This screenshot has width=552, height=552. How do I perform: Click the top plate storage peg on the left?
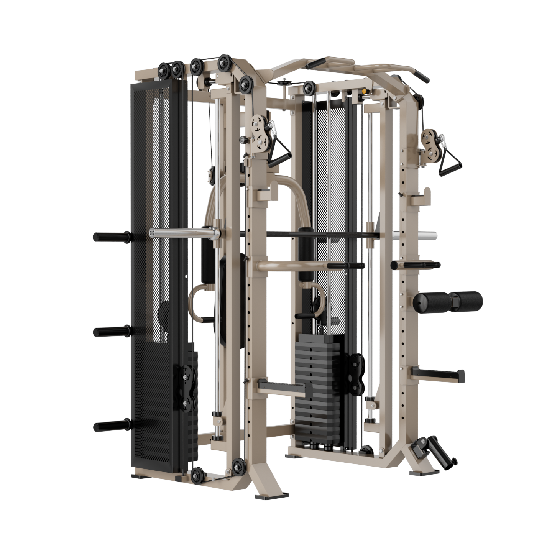click(111, 237)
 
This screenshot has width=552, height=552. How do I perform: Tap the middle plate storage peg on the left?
click(111, 331)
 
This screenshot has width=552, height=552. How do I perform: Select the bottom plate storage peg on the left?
click(111, 426)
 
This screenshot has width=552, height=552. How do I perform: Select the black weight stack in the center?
click(318, 387)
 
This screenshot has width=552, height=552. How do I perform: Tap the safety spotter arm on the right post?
click(437, 375)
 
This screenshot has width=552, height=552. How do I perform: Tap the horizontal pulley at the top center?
click(285, 84)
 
